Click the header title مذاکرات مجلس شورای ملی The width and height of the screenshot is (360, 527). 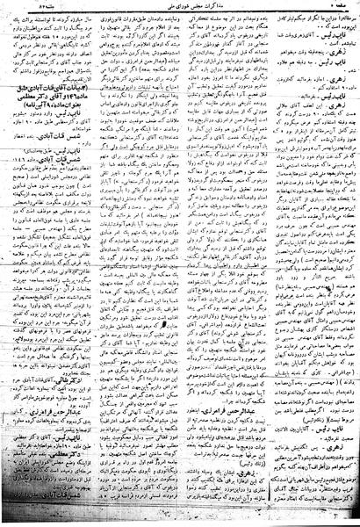click(180, 7)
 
